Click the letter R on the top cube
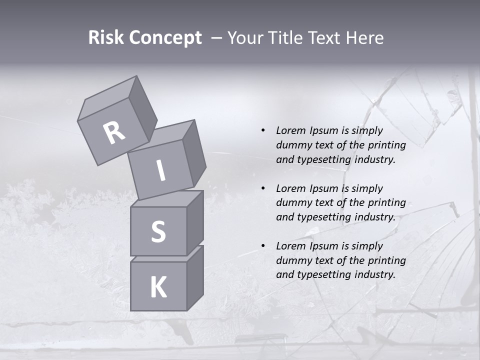114,133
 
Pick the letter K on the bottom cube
158,287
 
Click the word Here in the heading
364,38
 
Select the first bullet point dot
263,130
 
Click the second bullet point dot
263,188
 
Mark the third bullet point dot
263,246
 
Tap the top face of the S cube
167,199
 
